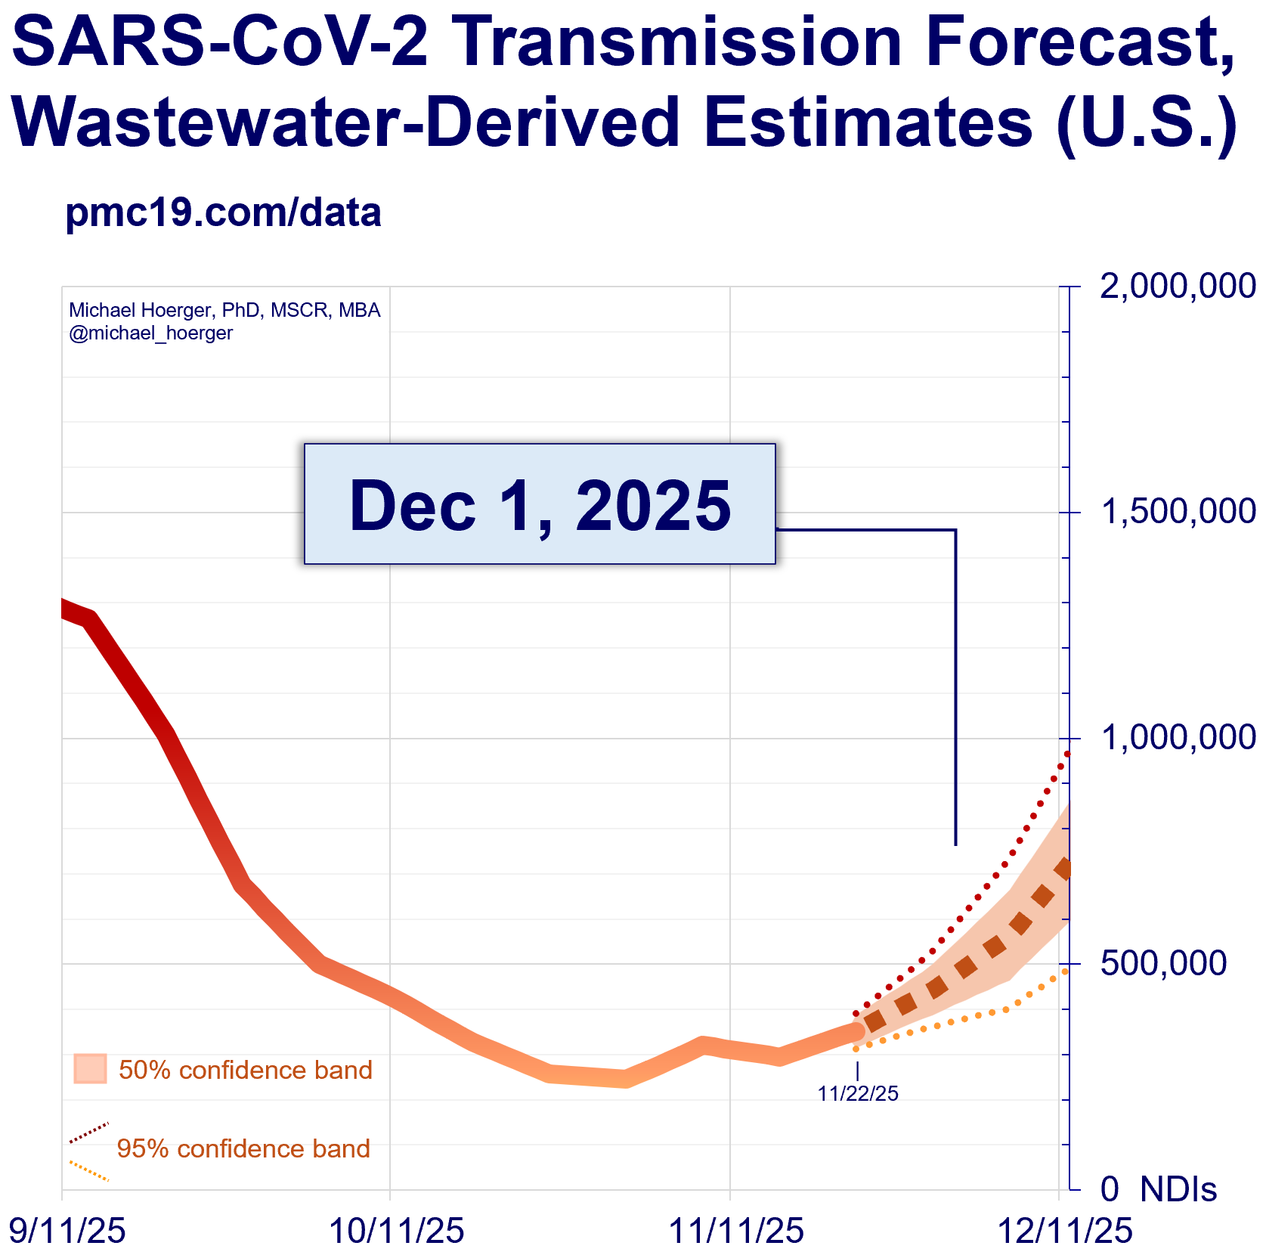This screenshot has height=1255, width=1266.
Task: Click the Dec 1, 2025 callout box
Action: tap(540, 504)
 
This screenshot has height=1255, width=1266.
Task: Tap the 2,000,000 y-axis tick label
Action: tap(1177, 287)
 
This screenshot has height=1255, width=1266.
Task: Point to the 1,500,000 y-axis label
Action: tap(1177, 512)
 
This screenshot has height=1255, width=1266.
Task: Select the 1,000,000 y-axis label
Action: tap(1177, 738)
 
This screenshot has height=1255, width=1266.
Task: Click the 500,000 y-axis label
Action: tap(1163, 963)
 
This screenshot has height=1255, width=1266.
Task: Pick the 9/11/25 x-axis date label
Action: tap(67, 1231)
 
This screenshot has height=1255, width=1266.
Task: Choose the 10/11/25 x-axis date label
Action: tap(397, 1231)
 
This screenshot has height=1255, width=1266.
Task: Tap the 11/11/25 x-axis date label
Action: tap(737, 1231)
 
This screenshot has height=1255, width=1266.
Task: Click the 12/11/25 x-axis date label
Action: tap(1066, 1231)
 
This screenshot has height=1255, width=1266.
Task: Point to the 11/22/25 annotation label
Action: tap(858, 1094)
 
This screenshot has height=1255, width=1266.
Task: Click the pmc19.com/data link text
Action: tap(224, 213)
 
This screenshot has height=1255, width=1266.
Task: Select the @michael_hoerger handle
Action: tap(151, 333)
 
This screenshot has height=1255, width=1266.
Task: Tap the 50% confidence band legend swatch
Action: tap(90, 1069)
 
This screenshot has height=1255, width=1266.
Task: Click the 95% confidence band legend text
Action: tap(243, 1148)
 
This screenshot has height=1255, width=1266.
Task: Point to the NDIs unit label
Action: tap(1178, 1189)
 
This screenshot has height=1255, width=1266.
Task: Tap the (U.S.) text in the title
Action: tap(1147, 122)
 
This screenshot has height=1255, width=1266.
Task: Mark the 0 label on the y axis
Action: tap(1110, 1189)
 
